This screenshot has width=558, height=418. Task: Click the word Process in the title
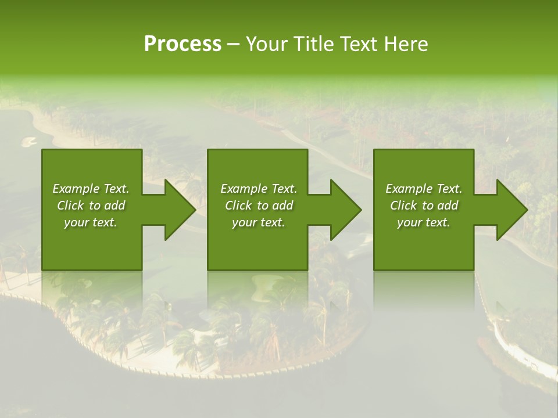click(183, 44)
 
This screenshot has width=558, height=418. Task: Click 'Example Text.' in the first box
click(91, 189)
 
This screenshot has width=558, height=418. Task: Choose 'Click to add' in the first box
click(91, 206)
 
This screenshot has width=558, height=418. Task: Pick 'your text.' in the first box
click(91, 222)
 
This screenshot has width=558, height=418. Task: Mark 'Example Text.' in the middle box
click(258, 189)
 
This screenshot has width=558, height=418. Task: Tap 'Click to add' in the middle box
click(258, 206)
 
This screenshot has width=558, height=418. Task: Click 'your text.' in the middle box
click(258, 222)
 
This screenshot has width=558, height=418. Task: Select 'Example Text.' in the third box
click(424, 189)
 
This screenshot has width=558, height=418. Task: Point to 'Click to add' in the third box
click(424, 206)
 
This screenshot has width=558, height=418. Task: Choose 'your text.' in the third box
click(424, 222)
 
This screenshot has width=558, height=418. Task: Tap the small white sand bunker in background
click(29, 141)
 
